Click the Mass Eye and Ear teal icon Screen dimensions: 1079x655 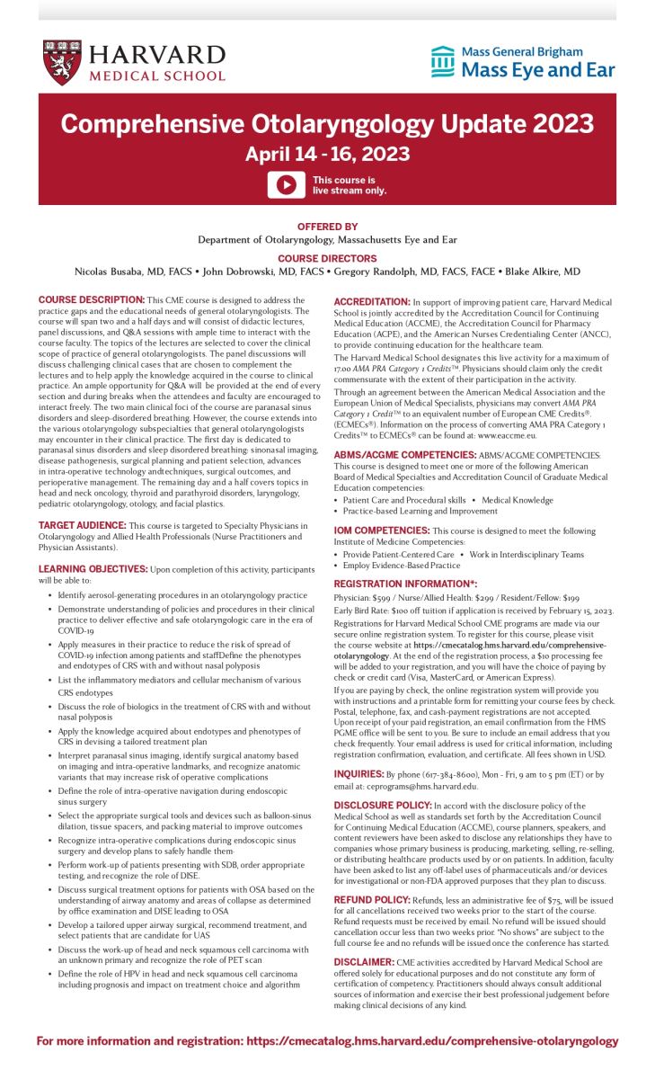tap(442, 61)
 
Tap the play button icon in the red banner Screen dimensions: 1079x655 tap(286, 184)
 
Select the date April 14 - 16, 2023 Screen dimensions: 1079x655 tap(327, 154)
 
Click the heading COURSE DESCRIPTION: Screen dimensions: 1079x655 tap(91, 299)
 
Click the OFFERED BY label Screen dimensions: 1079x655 tap(327, 227)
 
